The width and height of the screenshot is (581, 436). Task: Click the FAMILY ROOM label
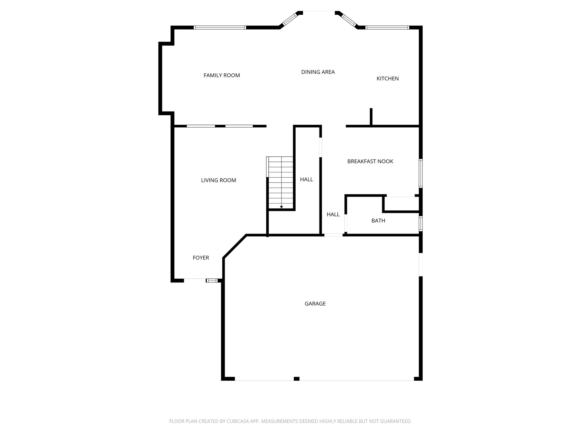[222, 75]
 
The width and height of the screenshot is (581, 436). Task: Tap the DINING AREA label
[318, 72]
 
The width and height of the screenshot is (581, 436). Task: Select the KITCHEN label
[388, 79]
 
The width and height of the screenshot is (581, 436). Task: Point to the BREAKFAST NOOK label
[370, 162]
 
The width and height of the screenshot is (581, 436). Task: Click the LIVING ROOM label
[218, 180]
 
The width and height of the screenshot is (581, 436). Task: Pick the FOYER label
[201, 258]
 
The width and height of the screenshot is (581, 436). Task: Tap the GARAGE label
[315, 304]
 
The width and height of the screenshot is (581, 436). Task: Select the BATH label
[378, 221]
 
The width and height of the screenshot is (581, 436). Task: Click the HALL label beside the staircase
[306, 179]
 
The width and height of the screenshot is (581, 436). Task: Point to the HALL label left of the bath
[333, 215]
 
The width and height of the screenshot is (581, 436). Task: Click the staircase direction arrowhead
[281, 207]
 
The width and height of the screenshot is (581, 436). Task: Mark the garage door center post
[296, 379]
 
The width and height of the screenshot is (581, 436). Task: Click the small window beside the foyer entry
[212, 280]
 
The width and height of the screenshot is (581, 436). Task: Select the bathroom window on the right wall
[421, 223]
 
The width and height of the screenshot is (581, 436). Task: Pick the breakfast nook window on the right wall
[421, 173]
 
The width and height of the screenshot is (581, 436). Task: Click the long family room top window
[220, 28]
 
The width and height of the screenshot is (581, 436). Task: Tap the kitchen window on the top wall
[387, 28]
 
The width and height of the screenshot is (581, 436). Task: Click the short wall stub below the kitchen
[371, 117]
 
